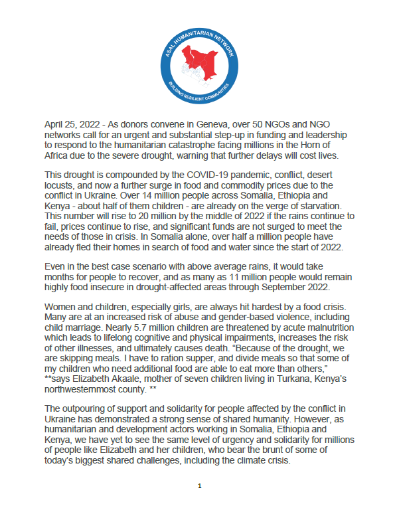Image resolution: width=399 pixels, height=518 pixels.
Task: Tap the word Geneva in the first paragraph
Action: (x=230, y=124)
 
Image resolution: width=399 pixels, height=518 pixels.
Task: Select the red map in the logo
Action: (x=200, y=60)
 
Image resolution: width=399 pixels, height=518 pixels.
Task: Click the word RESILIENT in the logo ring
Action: (x=200, y=96)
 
